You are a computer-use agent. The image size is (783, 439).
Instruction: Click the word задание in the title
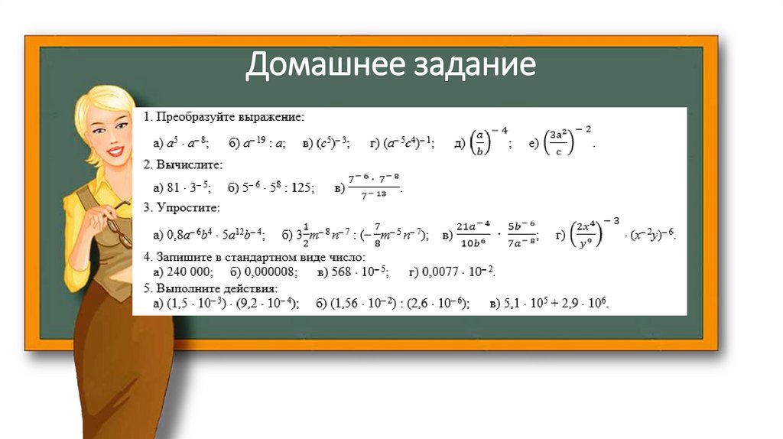[466, 67]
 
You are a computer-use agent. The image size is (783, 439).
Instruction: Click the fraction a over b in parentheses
[480, 141]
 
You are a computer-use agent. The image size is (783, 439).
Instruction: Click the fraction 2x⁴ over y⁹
[586, 233]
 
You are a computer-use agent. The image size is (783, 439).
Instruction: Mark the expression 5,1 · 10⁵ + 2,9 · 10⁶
[556, 303]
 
